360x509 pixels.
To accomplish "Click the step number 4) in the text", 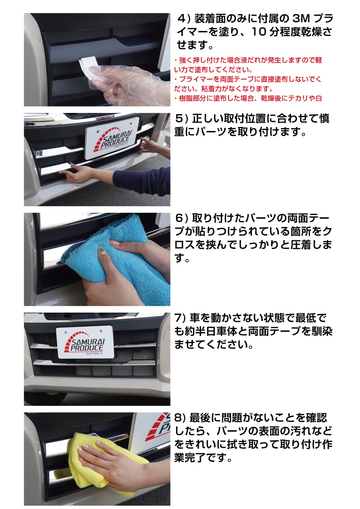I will click(x=184, y=19).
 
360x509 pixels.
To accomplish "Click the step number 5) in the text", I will click(x=181, y=119).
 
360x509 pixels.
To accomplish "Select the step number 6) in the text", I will click(x=181, y=218).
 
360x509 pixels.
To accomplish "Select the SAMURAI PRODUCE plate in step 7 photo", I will click(x=85, y=344).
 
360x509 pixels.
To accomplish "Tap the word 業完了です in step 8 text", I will click(x=203, y=458).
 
